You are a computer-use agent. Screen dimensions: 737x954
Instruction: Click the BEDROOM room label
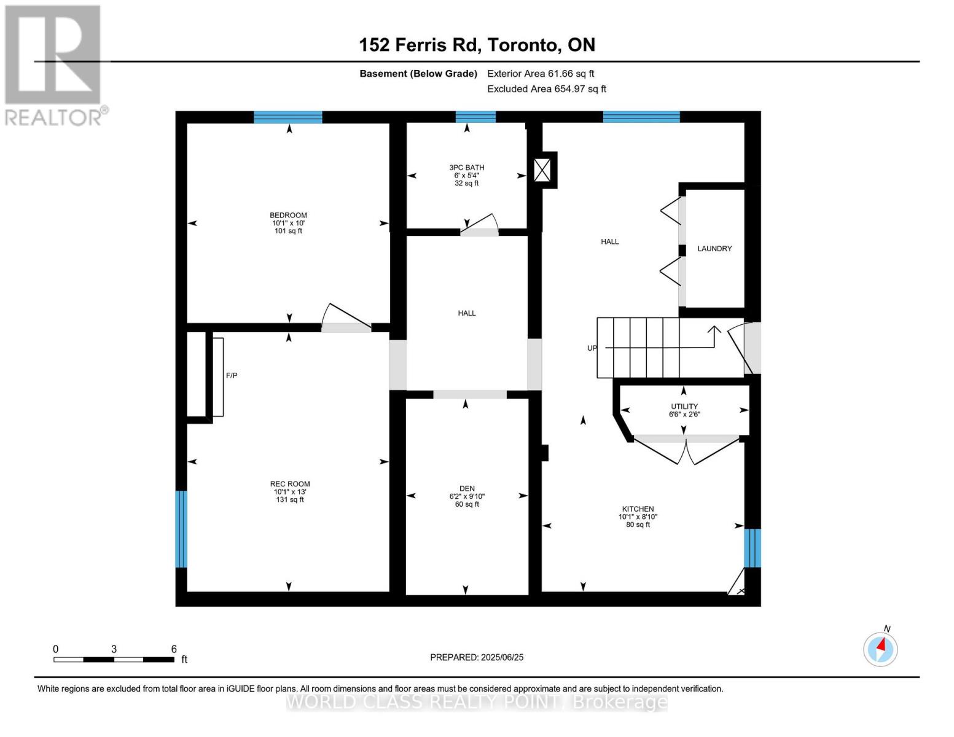pos(288,216)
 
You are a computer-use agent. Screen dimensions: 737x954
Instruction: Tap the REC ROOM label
pos(290,484)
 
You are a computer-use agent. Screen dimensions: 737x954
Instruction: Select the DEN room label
pos(467,489)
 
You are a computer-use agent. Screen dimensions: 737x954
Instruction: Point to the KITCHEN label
pos(638,509)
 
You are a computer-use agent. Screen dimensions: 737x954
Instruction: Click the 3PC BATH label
pos(466,168)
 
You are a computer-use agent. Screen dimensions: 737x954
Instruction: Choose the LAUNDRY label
pos(714,249)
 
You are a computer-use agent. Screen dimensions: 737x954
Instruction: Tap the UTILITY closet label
pos(684,407)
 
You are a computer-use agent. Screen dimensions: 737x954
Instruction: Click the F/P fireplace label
pos(232,375)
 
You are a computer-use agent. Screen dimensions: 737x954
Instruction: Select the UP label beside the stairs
pos(592,348)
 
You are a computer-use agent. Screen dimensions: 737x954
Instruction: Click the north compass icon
pos(880,649)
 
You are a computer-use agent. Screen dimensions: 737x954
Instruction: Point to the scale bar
pos(114,660)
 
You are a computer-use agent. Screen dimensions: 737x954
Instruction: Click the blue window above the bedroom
pos(288,117)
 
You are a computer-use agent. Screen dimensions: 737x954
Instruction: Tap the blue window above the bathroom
pos(475,117)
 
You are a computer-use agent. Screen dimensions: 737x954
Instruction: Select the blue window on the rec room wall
pos(181,529)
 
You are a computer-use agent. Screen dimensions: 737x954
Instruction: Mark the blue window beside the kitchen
pos(753,548)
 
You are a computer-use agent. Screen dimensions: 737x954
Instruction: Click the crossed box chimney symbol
pos(542,170)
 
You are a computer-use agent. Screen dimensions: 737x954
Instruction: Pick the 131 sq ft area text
pos(290,500)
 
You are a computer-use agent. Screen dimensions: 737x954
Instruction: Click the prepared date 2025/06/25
pos(477,657)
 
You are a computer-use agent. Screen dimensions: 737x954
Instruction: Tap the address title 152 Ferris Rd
pos(477,45)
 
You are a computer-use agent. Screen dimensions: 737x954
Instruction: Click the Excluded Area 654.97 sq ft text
pos(546,89)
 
